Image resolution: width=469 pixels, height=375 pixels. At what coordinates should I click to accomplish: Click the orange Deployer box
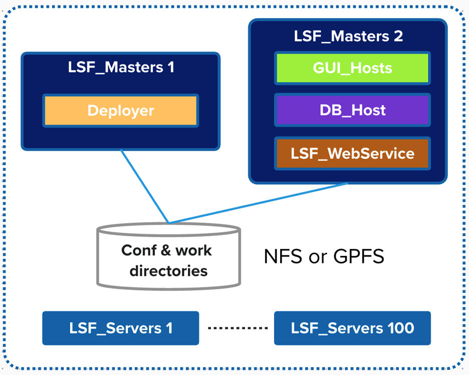pyautogui.click(x=120, y=111)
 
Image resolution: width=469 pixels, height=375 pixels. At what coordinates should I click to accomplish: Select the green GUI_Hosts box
pyautogui.click(x=352, y=68)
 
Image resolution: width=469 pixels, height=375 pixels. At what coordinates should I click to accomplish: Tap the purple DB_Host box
pyautogui.click(x=352, y=110)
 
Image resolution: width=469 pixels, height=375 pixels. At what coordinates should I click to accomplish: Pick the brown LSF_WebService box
pyautogui.click(x=352, y=153)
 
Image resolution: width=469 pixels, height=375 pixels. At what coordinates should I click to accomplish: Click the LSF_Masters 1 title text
pyautogui.click(x=121, y=67)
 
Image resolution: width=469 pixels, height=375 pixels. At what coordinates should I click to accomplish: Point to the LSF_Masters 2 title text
pyautogui.click(x=348, y=36)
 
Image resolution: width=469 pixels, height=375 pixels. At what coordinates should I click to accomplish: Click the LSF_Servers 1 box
pyautogui.click(x=120, y=328)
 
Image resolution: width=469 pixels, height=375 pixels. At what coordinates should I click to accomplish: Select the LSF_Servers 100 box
pyautogui.click(x=352, y=328)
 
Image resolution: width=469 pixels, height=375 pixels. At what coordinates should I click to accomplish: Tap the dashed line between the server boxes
pyautogui.click(x=238, y=328)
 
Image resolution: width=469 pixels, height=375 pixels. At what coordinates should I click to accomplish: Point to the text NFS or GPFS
pyautogui.click(x=324, y=256)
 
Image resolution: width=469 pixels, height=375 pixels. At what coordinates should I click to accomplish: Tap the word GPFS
pyautogui.click(x=358, y=256)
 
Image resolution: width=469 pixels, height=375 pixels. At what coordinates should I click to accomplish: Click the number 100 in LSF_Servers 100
pyautogui.click(x=399, y=328)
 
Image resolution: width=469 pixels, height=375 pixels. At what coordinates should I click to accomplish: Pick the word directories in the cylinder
pyautogui.click(x=168, y=271)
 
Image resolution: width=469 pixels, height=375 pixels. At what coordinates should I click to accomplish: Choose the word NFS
pyautogui.click(x=283, y=256)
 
